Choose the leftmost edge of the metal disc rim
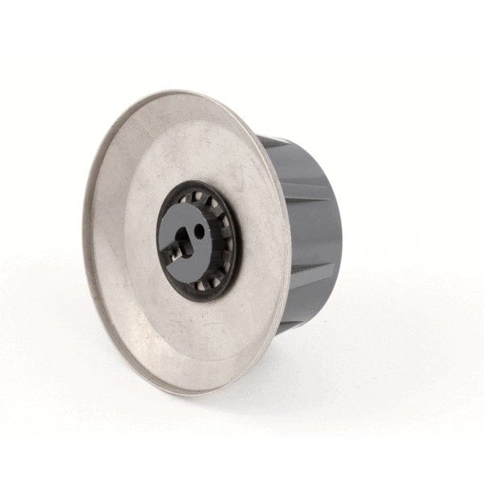click(82, 242)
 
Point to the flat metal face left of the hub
click(121, 242)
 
